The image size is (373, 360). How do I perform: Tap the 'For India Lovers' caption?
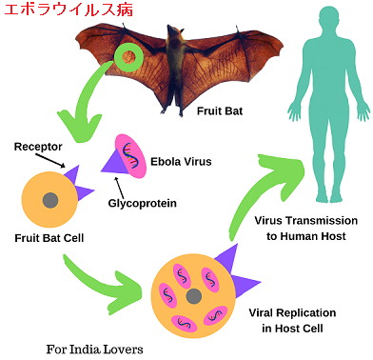[94, 348]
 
